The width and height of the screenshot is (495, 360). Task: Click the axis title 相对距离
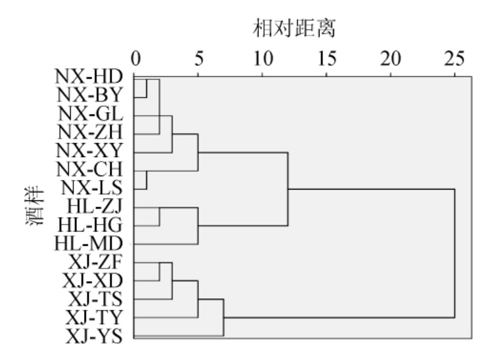pyautogui.click(x=294, y=27)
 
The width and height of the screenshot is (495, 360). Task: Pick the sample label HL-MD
pyautogui.click(x=93, y=243)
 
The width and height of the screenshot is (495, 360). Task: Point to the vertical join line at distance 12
pyautogui.click(x=288, y=190)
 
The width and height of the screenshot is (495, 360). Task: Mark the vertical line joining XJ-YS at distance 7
pyautogui.click(x=223, y=317)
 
